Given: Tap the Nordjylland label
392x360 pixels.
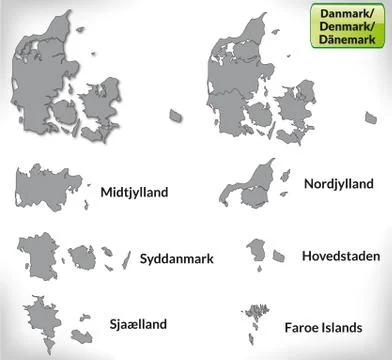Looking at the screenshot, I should [339, 183].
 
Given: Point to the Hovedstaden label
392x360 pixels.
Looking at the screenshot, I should [340, 256].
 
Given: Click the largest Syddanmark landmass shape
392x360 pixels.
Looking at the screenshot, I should [40, 261].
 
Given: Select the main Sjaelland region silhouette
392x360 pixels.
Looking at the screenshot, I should [45, 322].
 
